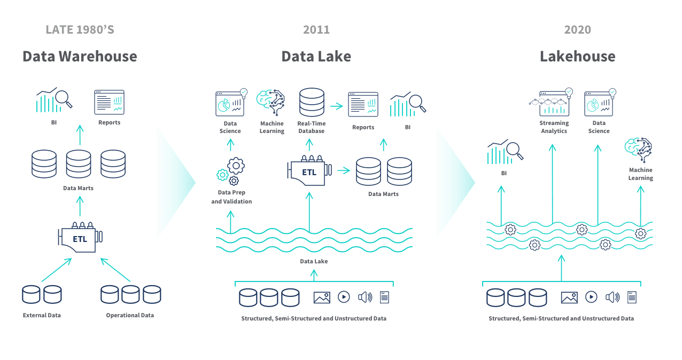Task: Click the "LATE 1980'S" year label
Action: pos(80,29)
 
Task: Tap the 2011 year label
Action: pos(316,29)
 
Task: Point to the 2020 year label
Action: pos(577,29)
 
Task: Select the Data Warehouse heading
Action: pos(80,56)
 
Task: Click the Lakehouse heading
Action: pos(577,56)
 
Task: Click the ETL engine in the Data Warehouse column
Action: pos(80,238)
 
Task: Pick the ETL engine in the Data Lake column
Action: pos(309,171)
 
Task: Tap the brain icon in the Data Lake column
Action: pos(270,102)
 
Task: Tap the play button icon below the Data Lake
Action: pos(344,297)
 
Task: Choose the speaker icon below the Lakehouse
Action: pos(613,297)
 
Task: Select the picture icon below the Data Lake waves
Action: pos(322,297)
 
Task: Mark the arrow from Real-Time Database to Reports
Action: pos(336,106)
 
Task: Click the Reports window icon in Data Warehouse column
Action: pos(109,102)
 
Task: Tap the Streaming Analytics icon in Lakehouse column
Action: pos(551,103)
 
